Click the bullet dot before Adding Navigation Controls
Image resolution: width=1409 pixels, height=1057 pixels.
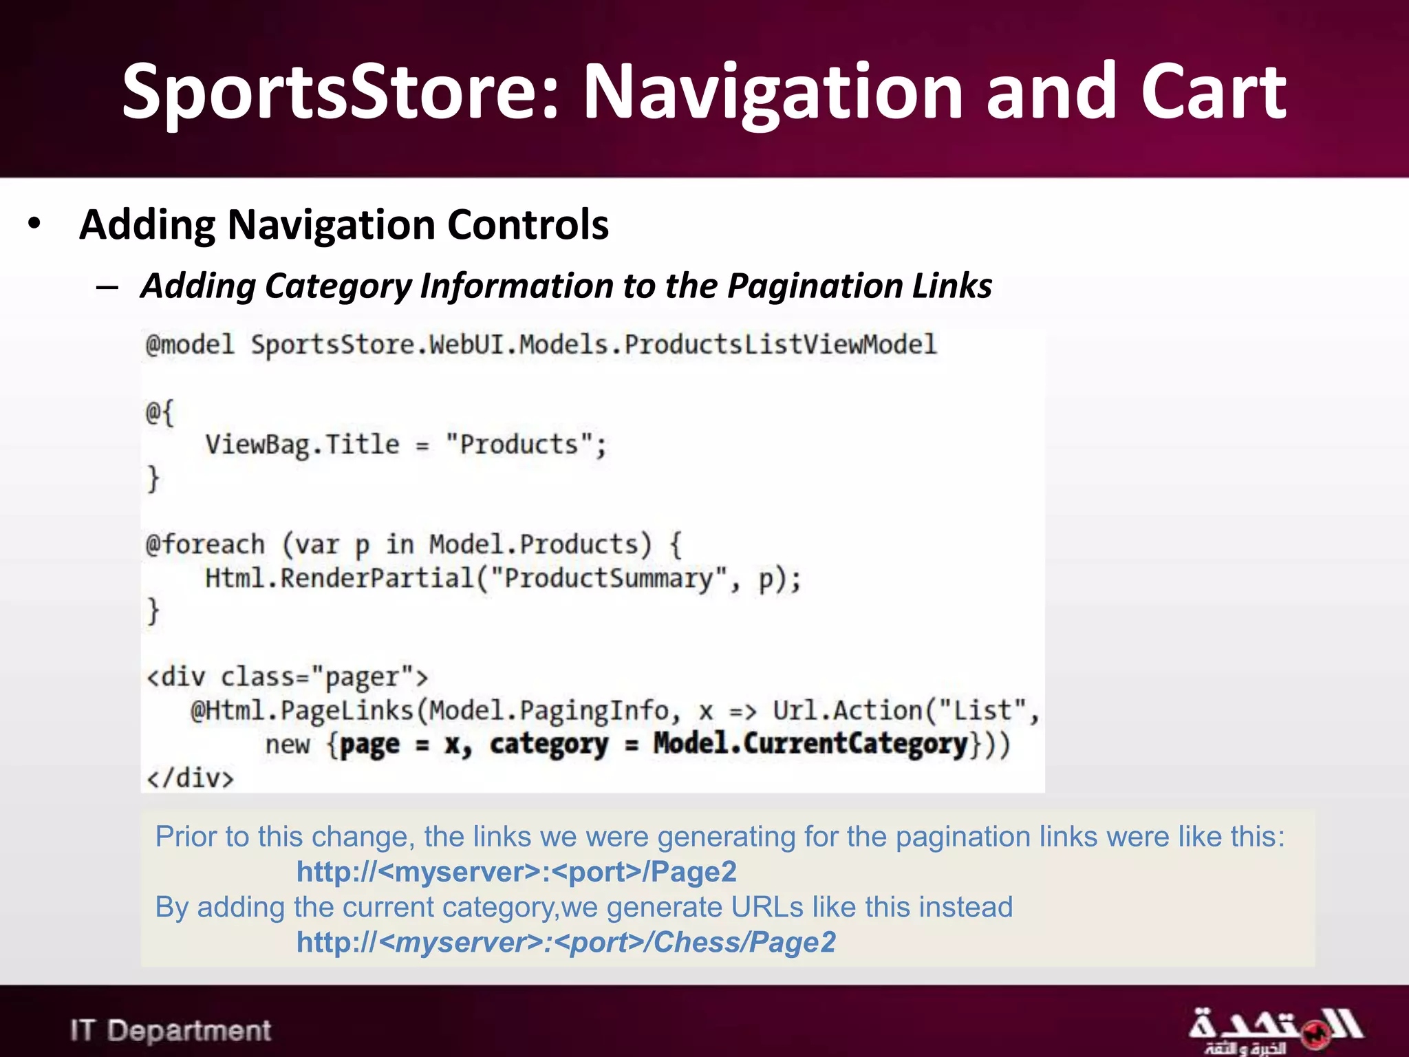[x=34, y=224]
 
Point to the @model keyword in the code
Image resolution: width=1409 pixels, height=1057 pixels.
[x=190, y=344]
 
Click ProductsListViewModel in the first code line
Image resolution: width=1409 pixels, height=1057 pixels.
[x=780, y=344]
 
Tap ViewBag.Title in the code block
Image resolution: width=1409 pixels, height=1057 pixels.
[x=302, y=445]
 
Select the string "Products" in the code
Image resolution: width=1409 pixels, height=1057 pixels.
[x=519, y=445]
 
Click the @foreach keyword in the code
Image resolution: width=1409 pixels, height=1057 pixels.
[x=205, y=544]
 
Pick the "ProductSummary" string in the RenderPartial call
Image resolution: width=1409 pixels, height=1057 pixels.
[x=609, y=578]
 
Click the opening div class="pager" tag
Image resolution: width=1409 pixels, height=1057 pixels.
[x=287, y=677]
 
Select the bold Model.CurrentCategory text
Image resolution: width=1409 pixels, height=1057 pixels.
[x=810, y=744]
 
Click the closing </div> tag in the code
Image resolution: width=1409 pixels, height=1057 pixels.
[x=190, y=778]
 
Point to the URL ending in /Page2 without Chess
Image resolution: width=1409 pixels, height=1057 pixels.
[x=516, y=872]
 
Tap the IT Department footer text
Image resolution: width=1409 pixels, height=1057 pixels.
[x=171, y=1030]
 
